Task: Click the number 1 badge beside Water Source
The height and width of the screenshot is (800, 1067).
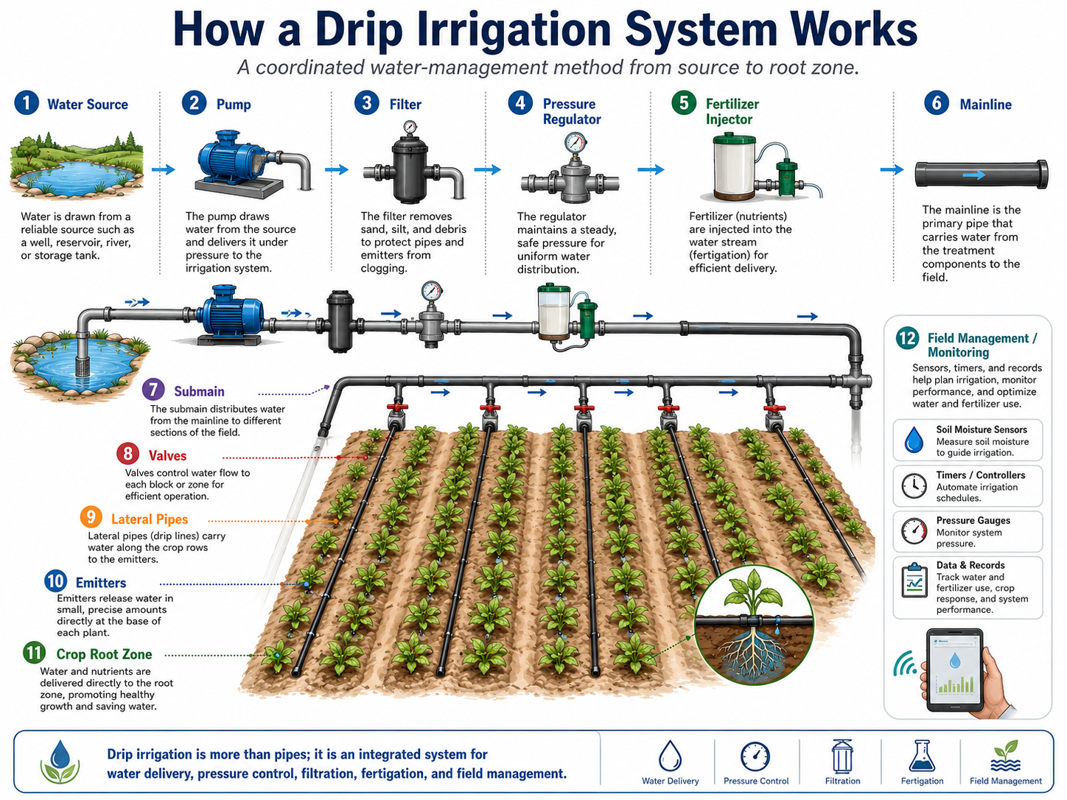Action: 27,103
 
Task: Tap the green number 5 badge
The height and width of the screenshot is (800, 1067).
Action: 684,103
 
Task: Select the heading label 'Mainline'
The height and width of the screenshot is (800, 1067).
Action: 985,105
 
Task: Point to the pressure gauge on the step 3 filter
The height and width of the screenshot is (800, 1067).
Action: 410,128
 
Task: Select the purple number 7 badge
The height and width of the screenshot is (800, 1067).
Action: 153,390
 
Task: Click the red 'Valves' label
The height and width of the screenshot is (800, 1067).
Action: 168,455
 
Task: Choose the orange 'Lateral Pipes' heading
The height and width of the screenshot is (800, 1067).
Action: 150,519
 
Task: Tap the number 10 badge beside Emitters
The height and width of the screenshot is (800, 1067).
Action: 55,581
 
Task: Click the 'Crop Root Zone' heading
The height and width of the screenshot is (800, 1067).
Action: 104,654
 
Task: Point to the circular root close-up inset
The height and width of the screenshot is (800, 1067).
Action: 754,625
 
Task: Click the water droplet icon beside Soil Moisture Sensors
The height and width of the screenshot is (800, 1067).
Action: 914,440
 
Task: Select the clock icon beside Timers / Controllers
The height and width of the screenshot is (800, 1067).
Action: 914,485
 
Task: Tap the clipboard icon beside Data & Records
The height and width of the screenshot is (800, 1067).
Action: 914,580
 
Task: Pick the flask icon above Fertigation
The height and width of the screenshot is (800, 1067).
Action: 922,757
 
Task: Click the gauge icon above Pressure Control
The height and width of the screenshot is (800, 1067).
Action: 755,757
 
